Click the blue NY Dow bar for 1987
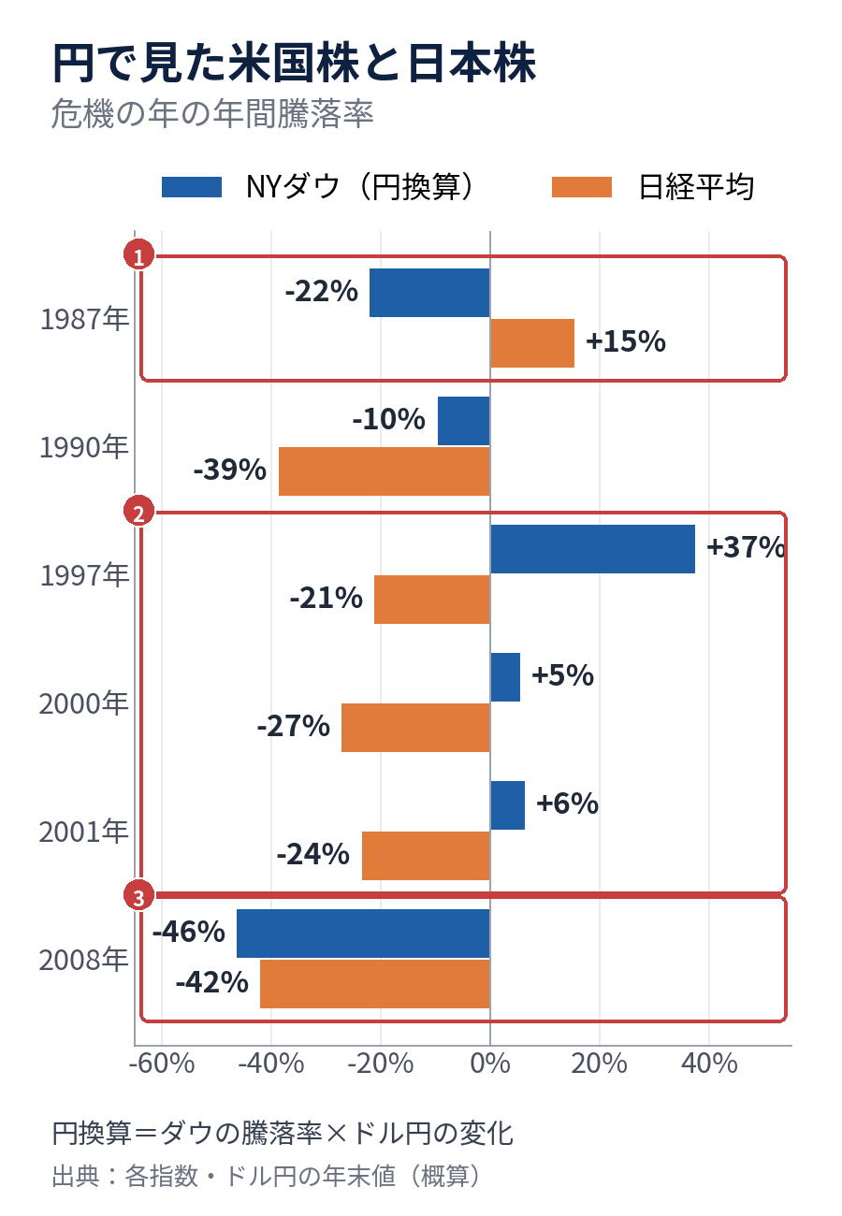click(x=429, y=293)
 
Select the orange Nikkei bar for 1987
click(x=532, y=343)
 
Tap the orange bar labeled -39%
click(x=385, y=471)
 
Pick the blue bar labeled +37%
click(x=592, y=549)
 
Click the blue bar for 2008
click(x=363, y=934)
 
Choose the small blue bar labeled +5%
click(x=505, y=677)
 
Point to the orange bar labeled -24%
click(x=427, y=856)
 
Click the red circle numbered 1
click(x=139, y=254)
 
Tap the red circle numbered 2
click(x=139, y=511)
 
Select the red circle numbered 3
click(x=139, y=895)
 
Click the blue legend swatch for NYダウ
click(x=192, y=187)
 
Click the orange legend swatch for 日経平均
click(x=581, y=187)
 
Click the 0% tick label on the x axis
click(x=490, y=1064)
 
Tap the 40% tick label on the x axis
click(x=709, y=1064)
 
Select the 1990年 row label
click(x=84, y=447)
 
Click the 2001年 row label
click(x=83, y=832)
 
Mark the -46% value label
click(x=189, y=932)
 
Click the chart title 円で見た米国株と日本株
click(x=295, y=64)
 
